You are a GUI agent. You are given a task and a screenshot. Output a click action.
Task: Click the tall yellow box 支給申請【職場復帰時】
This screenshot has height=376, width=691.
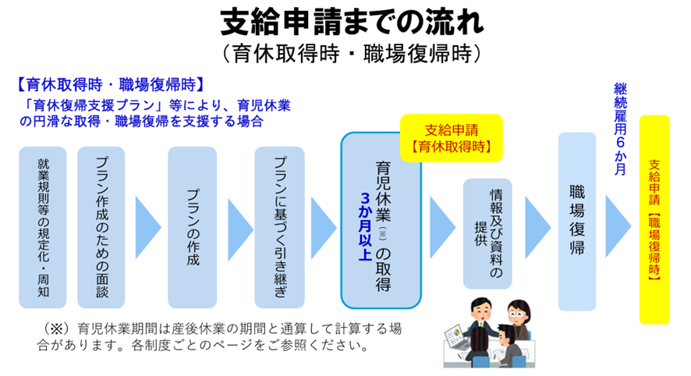pyautogui.click(x=654, y=219)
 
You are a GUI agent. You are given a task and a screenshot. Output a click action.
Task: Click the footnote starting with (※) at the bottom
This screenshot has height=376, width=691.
pyautogui.click(x=211, y=335)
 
